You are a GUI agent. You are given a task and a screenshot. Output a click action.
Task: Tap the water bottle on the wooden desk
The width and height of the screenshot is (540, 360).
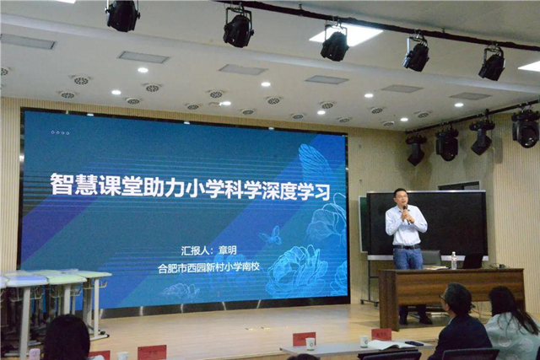tap(454, 261)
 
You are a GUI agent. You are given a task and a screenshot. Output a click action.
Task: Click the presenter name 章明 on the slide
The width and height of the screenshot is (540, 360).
tap(228, 250)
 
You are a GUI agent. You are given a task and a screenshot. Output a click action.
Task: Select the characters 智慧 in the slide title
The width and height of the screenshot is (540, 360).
tap(73, 185)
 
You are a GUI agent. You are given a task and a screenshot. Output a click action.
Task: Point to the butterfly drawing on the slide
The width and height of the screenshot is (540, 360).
tap(271, 236)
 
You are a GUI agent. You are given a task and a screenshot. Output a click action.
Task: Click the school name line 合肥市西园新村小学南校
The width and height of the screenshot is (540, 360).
tap(208, 267)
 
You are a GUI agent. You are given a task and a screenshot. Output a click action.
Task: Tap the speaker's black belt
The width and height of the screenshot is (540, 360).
tap(407, 247)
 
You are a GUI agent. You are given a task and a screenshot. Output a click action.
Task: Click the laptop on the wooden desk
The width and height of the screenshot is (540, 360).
tap(472, 261)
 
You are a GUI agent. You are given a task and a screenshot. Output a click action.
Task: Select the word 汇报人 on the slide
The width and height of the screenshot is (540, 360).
tap(195, 250)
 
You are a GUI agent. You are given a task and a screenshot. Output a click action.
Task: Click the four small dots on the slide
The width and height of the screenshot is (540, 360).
tap(60, 132)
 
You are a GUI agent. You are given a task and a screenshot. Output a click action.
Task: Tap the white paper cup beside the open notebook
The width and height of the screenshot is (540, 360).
tap(364, 341)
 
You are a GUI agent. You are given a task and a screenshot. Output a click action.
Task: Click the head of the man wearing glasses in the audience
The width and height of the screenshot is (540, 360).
tap(456, 298)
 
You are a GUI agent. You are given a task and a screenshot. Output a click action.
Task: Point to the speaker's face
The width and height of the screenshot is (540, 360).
tap(402, 198)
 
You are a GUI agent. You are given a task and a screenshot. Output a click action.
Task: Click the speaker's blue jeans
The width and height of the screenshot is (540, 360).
tap(408, 259)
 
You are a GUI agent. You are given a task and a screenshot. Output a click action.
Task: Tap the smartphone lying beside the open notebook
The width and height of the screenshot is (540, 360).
tap(414, 343)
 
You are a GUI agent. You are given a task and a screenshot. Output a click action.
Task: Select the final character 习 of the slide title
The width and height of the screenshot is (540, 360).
tap(321, 191)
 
